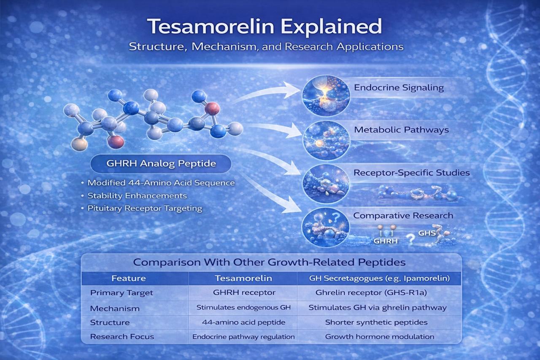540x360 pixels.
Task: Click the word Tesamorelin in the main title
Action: coord(211,26)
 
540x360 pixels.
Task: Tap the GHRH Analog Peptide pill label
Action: coord(161,164)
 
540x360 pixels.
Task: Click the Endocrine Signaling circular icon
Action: coord(326,95)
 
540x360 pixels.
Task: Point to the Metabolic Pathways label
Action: coord(401,130)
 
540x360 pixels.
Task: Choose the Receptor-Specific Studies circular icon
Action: coord(326,184)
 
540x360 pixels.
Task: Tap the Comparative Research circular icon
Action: coord(325,227)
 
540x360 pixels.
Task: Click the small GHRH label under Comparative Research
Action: coord(386,241)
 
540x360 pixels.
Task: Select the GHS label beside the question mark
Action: coord(427,233)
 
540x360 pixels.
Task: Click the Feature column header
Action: coord(129,279)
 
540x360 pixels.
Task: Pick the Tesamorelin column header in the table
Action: coord(243,279)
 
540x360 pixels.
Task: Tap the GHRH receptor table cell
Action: coord(244,293)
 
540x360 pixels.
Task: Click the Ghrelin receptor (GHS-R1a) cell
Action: coord(371,293)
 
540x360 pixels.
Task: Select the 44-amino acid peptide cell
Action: coord(243,322)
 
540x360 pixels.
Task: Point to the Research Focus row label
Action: coord(122,337)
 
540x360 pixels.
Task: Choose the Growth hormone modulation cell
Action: coord(380,337)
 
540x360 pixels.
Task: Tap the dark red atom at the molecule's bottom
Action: coord(116,141)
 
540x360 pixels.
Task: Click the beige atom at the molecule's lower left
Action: coord(79,144)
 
